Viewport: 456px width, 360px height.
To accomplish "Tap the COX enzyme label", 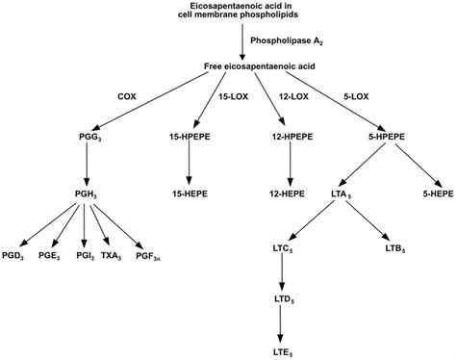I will [x=126, y=97].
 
